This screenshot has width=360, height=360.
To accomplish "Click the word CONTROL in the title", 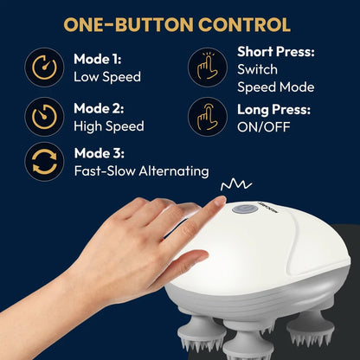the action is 244,24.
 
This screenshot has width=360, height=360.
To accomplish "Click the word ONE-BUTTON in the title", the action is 128,24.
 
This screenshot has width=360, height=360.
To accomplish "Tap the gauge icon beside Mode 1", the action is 44,67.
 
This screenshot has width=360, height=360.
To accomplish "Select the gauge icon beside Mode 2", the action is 44,117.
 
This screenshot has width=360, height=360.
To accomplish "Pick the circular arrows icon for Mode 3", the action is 44,162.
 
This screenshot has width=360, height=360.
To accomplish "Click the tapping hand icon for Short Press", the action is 208,67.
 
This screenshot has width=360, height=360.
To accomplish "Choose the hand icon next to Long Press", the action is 208,117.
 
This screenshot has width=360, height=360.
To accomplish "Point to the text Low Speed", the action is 107,77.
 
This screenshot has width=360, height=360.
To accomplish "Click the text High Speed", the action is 109,126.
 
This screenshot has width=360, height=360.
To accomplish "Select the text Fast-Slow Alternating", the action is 141,171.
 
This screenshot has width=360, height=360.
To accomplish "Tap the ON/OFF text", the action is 264,127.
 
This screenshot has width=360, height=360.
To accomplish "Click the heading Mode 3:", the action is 100,153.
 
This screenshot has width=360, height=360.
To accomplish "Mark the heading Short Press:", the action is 276,52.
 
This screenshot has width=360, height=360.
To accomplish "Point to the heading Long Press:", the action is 273,110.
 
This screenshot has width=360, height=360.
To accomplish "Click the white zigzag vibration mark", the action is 236,184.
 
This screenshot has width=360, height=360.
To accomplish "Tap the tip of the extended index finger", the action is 222,199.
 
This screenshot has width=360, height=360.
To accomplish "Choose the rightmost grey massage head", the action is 311,326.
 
